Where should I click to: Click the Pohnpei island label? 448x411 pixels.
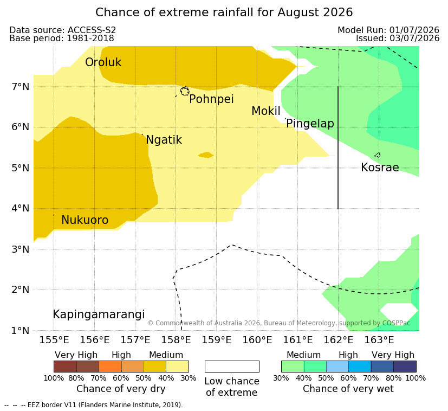pos(211,100)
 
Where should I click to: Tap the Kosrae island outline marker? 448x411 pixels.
pos(378,155)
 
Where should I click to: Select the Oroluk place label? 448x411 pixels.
pos(103,62)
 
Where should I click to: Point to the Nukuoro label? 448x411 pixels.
pos(85,220)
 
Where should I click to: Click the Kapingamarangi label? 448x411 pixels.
pos(99,314)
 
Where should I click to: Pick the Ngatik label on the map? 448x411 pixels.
pos(164,140)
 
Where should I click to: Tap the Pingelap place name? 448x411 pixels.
pos(310,124)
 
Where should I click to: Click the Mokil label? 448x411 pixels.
pos(266,111)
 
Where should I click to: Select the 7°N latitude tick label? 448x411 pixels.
pos(21,87)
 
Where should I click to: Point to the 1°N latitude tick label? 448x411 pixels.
pos(21,331)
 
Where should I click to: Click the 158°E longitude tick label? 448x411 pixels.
pos(176,340)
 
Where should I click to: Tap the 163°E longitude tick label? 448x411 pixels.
pos(379,340)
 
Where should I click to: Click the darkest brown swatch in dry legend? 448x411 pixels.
pos(65,367)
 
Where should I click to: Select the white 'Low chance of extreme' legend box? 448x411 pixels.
pos(232,367)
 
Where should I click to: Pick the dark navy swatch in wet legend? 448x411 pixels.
pos(405,367)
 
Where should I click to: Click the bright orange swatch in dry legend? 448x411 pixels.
pos(110,367)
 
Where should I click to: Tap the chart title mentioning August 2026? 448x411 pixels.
pos(224,12)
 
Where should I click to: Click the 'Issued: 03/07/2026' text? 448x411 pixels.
pos(398,38)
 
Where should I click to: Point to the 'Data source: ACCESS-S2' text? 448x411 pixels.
pos(63,30)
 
